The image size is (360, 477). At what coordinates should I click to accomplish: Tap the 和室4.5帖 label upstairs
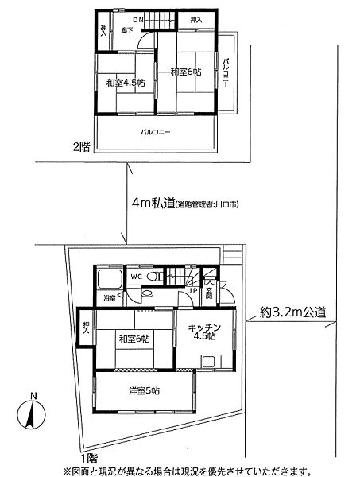(x=122, y=83)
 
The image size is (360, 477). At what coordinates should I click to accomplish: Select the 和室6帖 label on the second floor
(x=185, y=72)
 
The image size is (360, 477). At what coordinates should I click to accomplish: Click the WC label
(x=135, y=276)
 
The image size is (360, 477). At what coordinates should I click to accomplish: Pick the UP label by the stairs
(x=192, y=292)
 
